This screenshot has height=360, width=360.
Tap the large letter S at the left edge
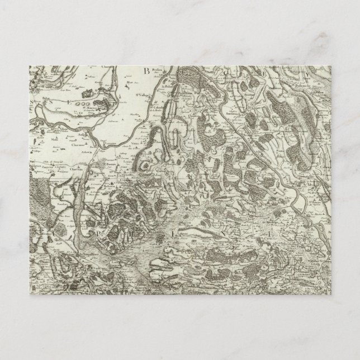point(49,103)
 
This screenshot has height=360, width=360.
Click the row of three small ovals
point(85,103)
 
